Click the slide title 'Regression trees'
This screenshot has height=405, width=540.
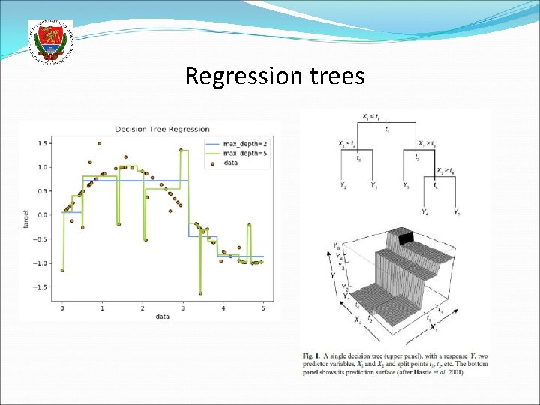click(274, 76)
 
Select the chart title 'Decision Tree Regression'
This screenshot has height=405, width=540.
click(161, 129)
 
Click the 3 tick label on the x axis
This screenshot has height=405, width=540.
click(183, 307)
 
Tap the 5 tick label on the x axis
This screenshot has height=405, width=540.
click(263, 307)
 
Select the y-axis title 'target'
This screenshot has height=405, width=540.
click(25, 218)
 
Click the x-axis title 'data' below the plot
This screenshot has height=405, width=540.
click(163, 316)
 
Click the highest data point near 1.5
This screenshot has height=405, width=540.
click(100, 143)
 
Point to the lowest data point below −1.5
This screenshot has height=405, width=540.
click(200, 293)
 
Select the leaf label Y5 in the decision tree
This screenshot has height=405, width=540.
click(457, 212)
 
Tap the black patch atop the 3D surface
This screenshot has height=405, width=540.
click(406, 238)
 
